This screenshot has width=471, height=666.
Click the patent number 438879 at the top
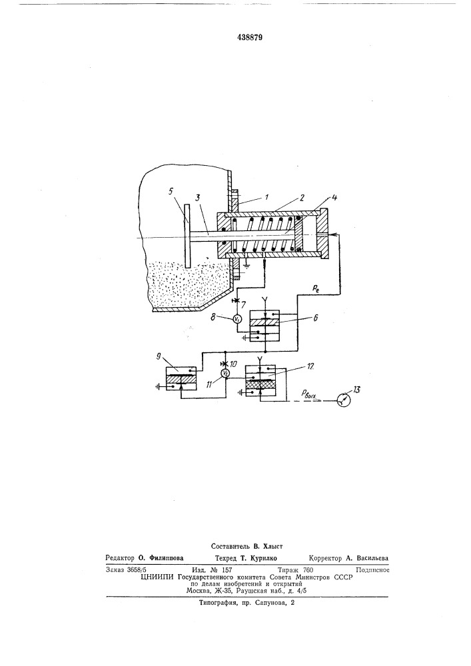point(250,37)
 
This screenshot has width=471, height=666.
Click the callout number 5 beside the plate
point(171,192)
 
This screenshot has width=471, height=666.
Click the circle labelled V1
point(238,319)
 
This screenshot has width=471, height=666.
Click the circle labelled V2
point(226,373)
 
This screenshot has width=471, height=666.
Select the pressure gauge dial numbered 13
point(343,400)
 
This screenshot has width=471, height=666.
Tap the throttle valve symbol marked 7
point(238,301)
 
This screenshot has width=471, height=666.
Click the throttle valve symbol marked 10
point(226,364)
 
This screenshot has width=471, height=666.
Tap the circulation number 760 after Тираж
point(307,570)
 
